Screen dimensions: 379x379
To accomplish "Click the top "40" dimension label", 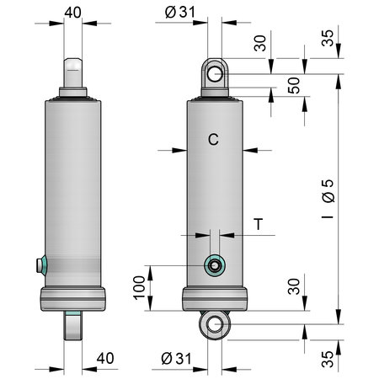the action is pos(73,13).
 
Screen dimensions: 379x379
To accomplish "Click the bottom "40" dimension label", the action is pos(105,358).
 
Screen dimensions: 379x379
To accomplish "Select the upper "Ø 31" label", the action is pos(180,12).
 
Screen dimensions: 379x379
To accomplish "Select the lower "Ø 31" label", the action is pos(176,359).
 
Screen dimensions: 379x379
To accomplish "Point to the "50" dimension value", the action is pos(294,85).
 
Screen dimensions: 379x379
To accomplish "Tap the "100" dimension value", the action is pos(139,288).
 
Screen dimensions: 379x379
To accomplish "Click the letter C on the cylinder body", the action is pos(213,139).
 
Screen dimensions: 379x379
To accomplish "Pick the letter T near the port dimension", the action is pos(259,224).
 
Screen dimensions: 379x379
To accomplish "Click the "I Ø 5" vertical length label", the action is pos(328,199).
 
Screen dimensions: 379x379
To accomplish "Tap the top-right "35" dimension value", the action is pos(328,38).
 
